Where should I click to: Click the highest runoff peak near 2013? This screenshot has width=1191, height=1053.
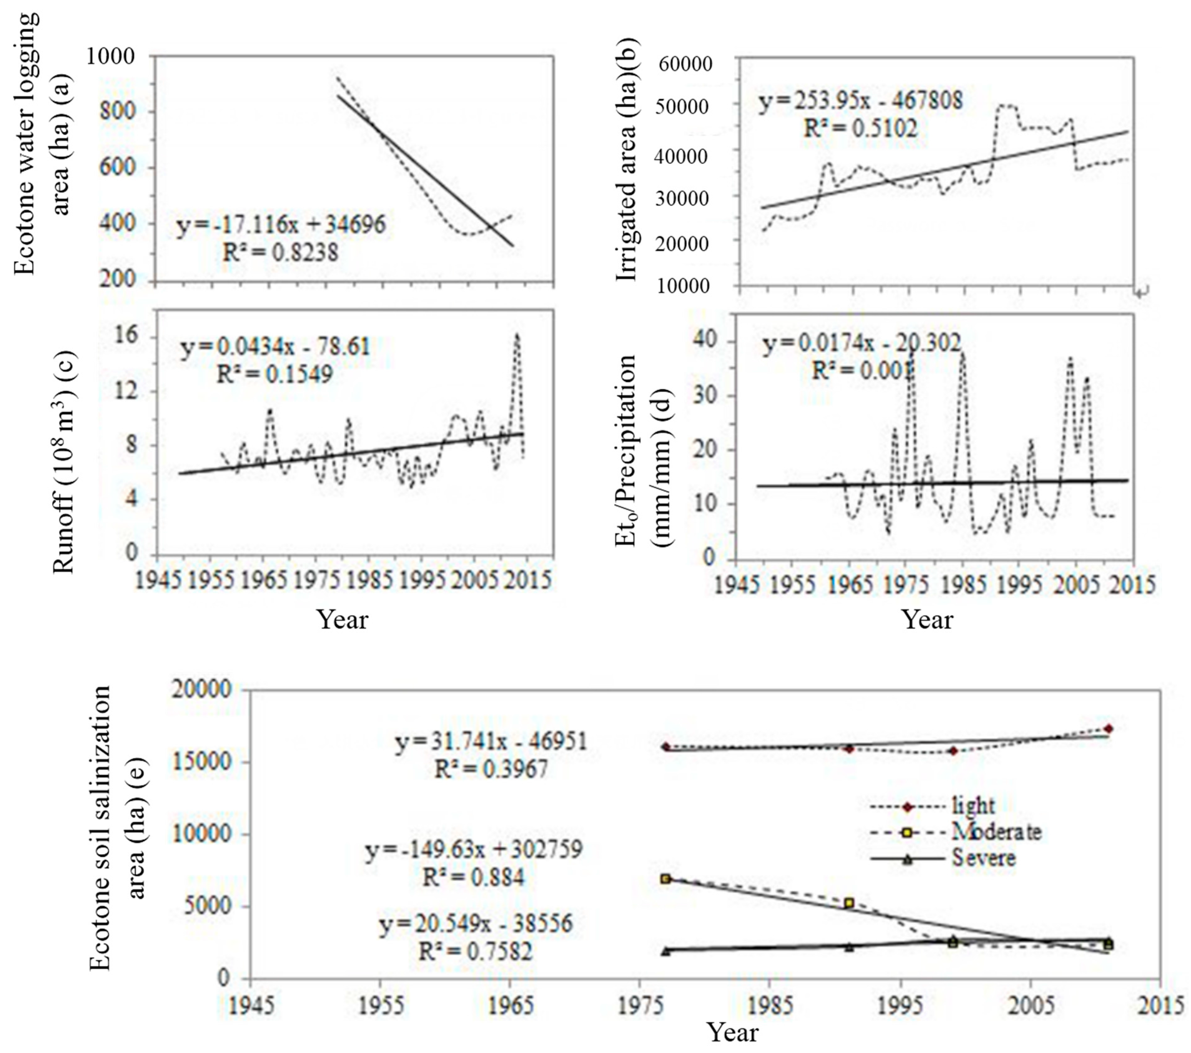(517, 336)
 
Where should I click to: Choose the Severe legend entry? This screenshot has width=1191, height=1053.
(984, 858)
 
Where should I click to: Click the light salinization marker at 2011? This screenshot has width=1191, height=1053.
(1108, 729)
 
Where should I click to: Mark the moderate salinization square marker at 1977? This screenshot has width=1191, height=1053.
(665, 878)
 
